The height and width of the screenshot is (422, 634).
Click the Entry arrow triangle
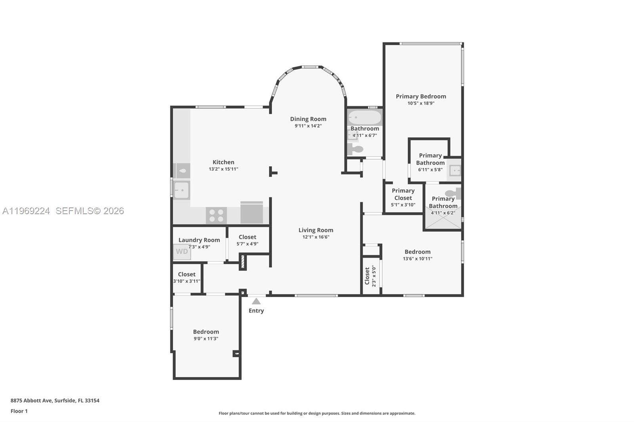(256, 301)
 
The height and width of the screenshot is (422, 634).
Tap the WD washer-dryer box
(182, 252)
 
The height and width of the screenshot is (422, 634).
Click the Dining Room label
(308, 119)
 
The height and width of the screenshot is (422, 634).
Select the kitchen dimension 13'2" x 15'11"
(223, 169)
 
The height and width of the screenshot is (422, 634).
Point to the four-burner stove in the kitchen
(216, 215)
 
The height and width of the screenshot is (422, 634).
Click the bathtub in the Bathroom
(365, 118)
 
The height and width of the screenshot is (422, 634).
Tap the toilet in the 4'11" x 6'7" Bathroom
(355, 149)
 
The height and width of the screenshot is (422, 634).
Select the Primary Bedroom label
(421, 96)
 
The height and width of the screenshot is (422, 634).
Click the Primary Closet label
(403, 194)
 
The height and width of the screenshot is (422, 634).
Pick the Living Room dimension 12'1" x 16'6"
(315, 237)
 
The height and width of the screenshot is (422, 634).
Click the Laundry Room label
(199, 240)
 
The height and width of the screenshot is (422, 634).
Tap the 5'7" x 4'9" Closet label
(247, 237)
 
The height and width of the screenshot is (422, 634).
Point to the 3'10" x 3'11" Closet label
(187, 274)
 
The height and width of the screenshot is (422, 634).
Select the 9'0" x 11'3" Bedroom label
(206, 332)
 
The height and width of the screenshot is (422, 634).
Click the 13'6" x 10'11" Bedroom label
(417, 252)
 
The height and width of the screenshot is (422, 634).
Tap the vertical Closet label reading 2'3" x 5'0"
(367, 276)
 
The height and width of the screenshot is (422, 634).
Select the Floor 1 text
(19, 411)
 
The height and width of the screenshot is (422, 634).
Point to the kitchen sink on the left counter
(182, 190)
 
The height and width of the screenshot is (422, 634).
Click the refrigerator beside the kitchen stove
(251, 213)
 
